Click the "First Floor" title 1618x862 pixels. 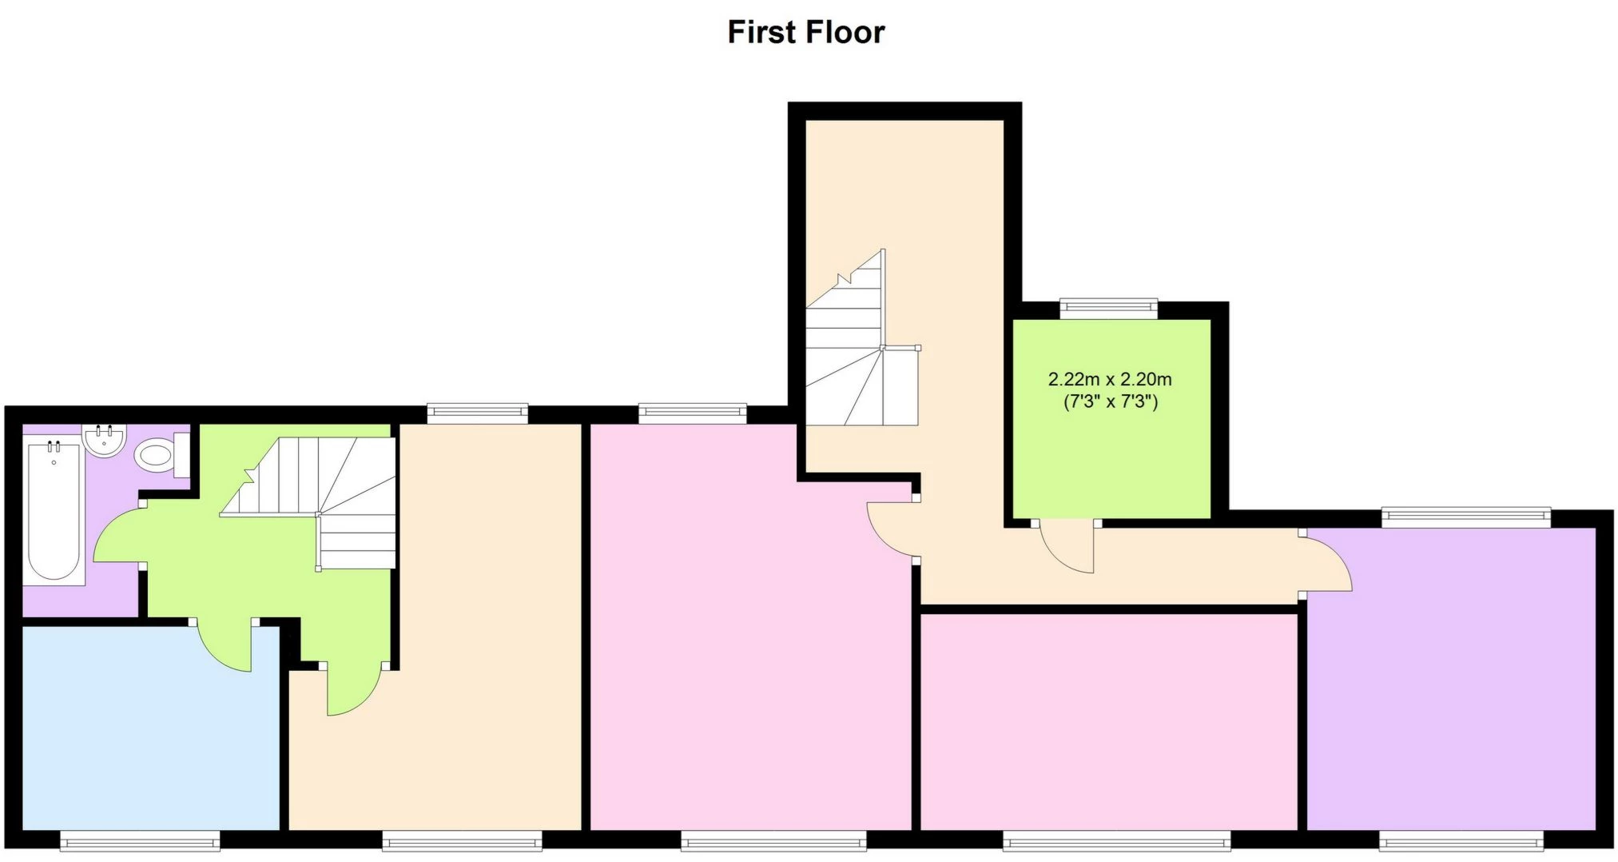[x=805, y=33]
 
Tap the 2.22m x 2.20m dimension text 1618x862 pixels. [x=1110, y=379]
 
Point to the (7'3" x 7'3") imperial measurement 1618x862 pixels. [x=1110, y=401]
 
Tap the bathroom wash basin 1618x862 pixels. [x=105, y=441]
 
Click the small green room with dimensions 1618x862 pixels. [x=1111, y=464]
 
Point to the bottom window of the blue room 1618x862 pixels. [x=140, y=840]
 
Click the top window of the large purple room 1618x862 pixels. [x=1466, y=517]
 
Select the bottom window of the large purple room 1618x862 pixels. [x=1461, y=840]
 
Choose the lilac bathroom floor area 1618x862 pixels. [x=112, y=592]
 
